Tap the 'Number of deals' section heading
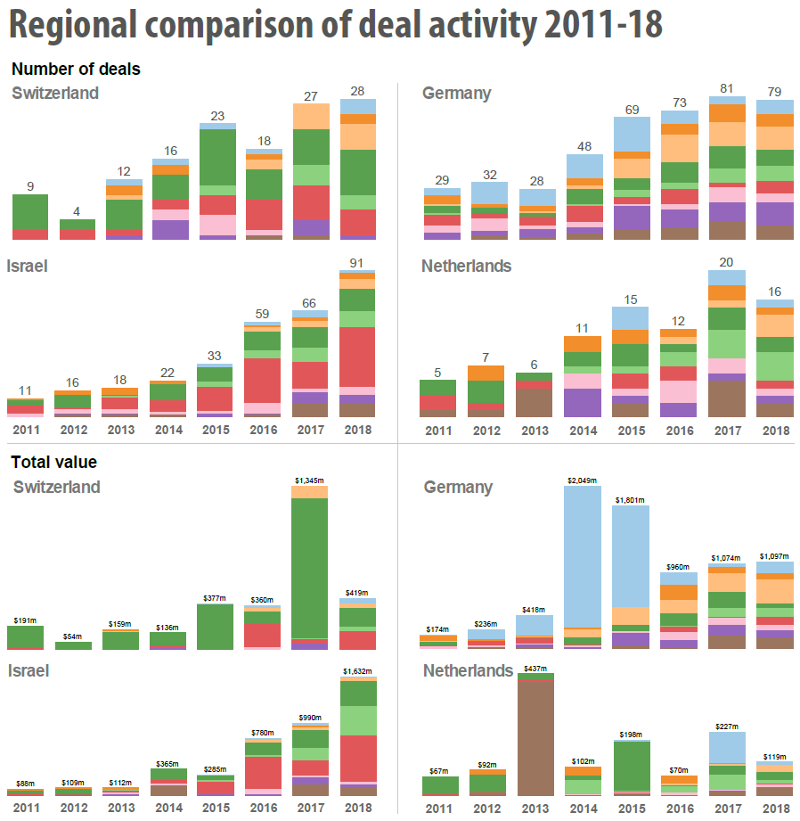76,69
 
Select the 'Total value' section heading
53,463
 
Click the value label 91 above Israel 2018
358,263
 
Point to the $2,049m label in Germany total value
582,480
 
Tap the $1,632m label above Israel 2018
357,671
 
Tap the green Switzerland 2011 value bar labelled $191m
26,636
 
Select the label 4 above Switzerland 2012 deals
77,212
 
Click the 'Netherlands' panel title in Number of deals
467,266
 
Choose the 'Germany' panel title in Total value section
458,488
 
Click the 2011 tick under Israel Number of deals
25,431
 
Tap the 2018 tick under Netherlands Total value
776,808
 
